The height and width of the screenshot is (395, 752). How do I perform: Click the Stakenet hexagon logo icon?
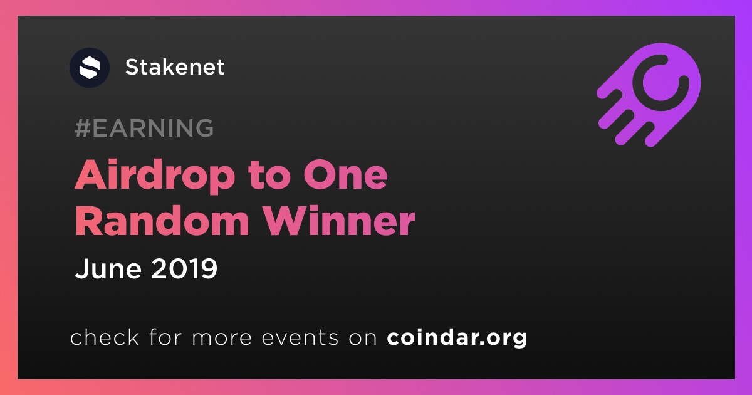(x=89, y=68)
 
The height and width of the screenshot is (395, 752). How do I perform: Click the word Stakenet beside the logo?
(x=175, y=67)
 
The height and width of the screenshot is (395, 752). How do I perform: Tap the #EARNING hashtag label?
(x=144, y=128)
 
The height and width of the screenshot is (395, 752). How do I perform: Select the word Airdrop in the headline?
(x=155, y=176)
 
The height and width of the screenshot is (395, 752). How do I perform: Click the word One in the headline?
(x=345, y=176)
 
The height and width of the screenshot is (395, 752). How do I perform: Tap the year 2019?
(x=184, y=268)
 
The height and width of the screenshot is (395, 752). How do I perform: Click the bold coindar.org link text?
(x=457, y=337)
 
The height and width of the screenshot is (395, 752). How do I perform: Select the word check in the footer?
(x=105, y=337)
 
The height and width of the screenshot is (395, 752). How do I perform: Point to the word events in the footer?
(x=300, y=337)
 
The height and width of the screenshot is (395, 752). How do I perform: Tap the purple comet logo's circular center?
(x=661, y=83)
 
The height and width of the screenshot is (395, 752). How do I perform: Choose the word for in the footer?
(x=165, y=337)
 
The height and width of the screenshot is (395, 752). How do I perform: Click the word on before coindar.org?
(x=363, y=339)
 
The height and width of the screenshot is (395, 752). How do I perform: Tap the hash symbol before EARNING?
(x=83, y=128)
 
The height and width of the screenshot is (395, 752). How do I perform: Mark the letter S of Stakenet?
(x=133, y=67)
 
